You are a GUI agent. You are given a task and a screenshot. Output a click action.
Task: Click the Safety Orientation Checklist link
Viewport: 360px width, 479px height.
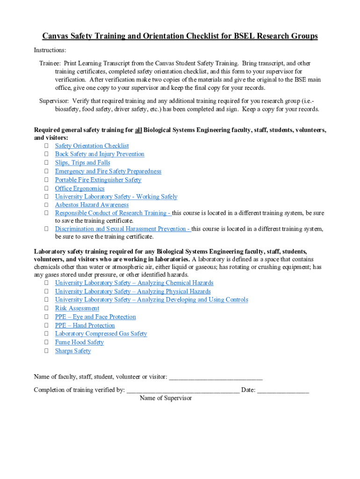(x=92, y=146)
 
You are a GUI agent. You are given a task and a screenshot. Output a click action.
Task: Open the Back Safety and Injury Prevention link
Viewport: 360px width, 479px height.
(x=100, y=154)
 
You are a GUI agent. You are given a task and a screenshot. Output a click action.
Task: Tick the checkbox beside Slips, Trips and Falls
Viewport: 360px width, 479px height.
(x=47, y=163)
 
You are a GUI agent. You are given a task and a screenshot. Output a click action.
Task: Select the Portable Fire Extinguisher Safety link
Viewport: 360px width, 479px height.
(x=98, y=180)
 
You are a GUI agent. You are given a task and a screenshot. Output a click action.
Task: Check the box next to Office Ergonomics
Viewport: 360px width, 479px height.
(x=47, y=189)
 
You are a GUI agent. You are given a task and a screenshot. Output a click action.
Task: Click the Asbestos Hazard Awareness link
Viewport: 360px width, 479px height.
(x=92, y=205)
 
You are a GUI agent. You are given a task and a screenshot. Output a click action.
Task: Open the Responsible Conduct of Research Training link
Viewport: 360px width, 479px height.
(x=113, y=213)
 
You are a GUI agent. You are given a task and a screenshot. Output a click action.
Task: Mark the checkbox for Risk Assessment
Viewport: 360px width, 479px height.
(x=47, y=308)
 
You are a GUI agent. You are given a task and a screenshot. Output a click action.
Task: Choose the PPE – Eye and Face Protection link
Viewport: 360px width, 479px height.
(x=95, y=317)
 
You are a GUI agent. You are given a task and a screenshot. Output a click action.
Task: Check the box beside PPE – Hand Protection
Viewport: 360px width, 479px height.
(x=47, y=326)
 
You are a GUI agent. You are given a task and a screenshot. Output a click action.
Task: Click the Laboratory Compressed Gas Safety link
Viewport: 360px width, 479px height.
(x=101, y=334)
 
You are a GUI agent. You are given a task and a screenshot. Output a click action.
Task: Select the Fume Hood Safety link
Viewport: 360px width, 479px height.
(x=79, y=342)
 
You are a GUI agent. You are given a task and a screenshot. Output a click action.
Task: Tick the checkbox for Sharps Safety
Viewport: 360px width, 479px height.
(x=47, y=351)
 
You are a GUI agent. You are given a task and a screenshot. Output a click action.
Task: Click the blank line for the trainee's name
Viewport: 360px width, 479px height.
(x=215, y=377)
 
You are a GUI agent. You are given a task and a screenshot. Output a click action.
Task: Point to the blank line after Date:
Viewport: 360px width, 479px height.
(x=283, y=391)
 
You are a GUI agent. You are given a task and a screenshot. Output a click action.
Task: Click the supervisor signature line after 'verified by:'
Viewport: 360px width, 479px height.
(x=183, y=391)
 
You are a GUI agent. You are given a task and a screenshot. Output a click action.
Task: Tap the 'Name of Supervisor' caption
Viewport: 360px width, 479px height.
(x=166, y=399)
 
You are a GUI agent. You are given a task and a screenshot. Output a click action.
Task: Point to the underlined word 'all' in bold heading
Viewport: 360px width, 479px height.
(x=138, y=130)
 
